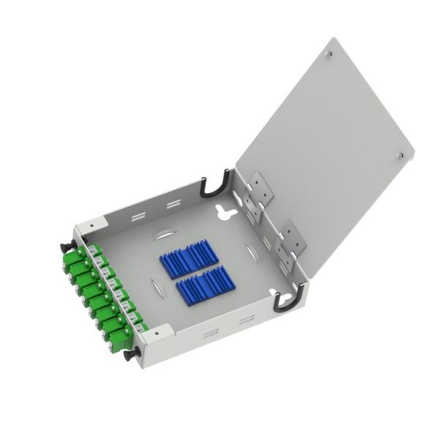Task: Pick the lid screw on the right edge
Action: [x=399, y=155]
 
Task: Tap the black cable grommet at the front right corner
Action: [x=282, y=301]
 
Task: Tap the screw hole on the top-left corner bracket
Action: [x=90, y=225]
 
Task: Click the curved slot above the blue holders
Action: [x=165, y=236]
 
